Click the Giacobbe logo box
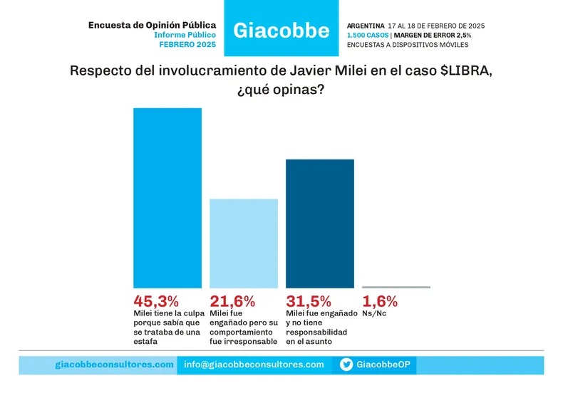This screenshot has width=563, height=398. (281, 28)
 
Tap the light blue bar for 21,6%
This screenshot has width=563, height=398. (243, 243)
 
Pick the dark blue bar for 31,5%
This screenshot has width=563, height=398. (319, 224)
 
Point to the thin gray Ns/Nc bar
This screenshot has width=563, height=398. (396, 287)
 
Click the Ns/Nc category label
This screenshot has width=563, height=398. (374, 313)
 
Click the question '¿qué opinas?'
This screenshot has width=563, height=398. (281, 92)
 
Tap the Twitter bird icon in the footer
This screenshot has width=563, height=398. (346, 365)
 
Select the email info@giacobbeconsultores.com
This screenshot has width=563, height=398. (254, 365)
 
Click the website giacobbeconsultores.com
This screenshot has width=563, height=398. (114, 365)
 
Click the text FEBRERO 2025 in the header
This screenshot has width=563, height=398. (187, 44)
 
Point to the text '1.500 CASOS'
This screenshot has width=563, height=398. (367, 35)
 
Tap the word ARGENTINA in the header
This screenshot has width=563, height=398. (364, 26)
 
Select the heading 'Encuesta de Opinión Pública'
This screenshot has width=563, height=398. (152, 25)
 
